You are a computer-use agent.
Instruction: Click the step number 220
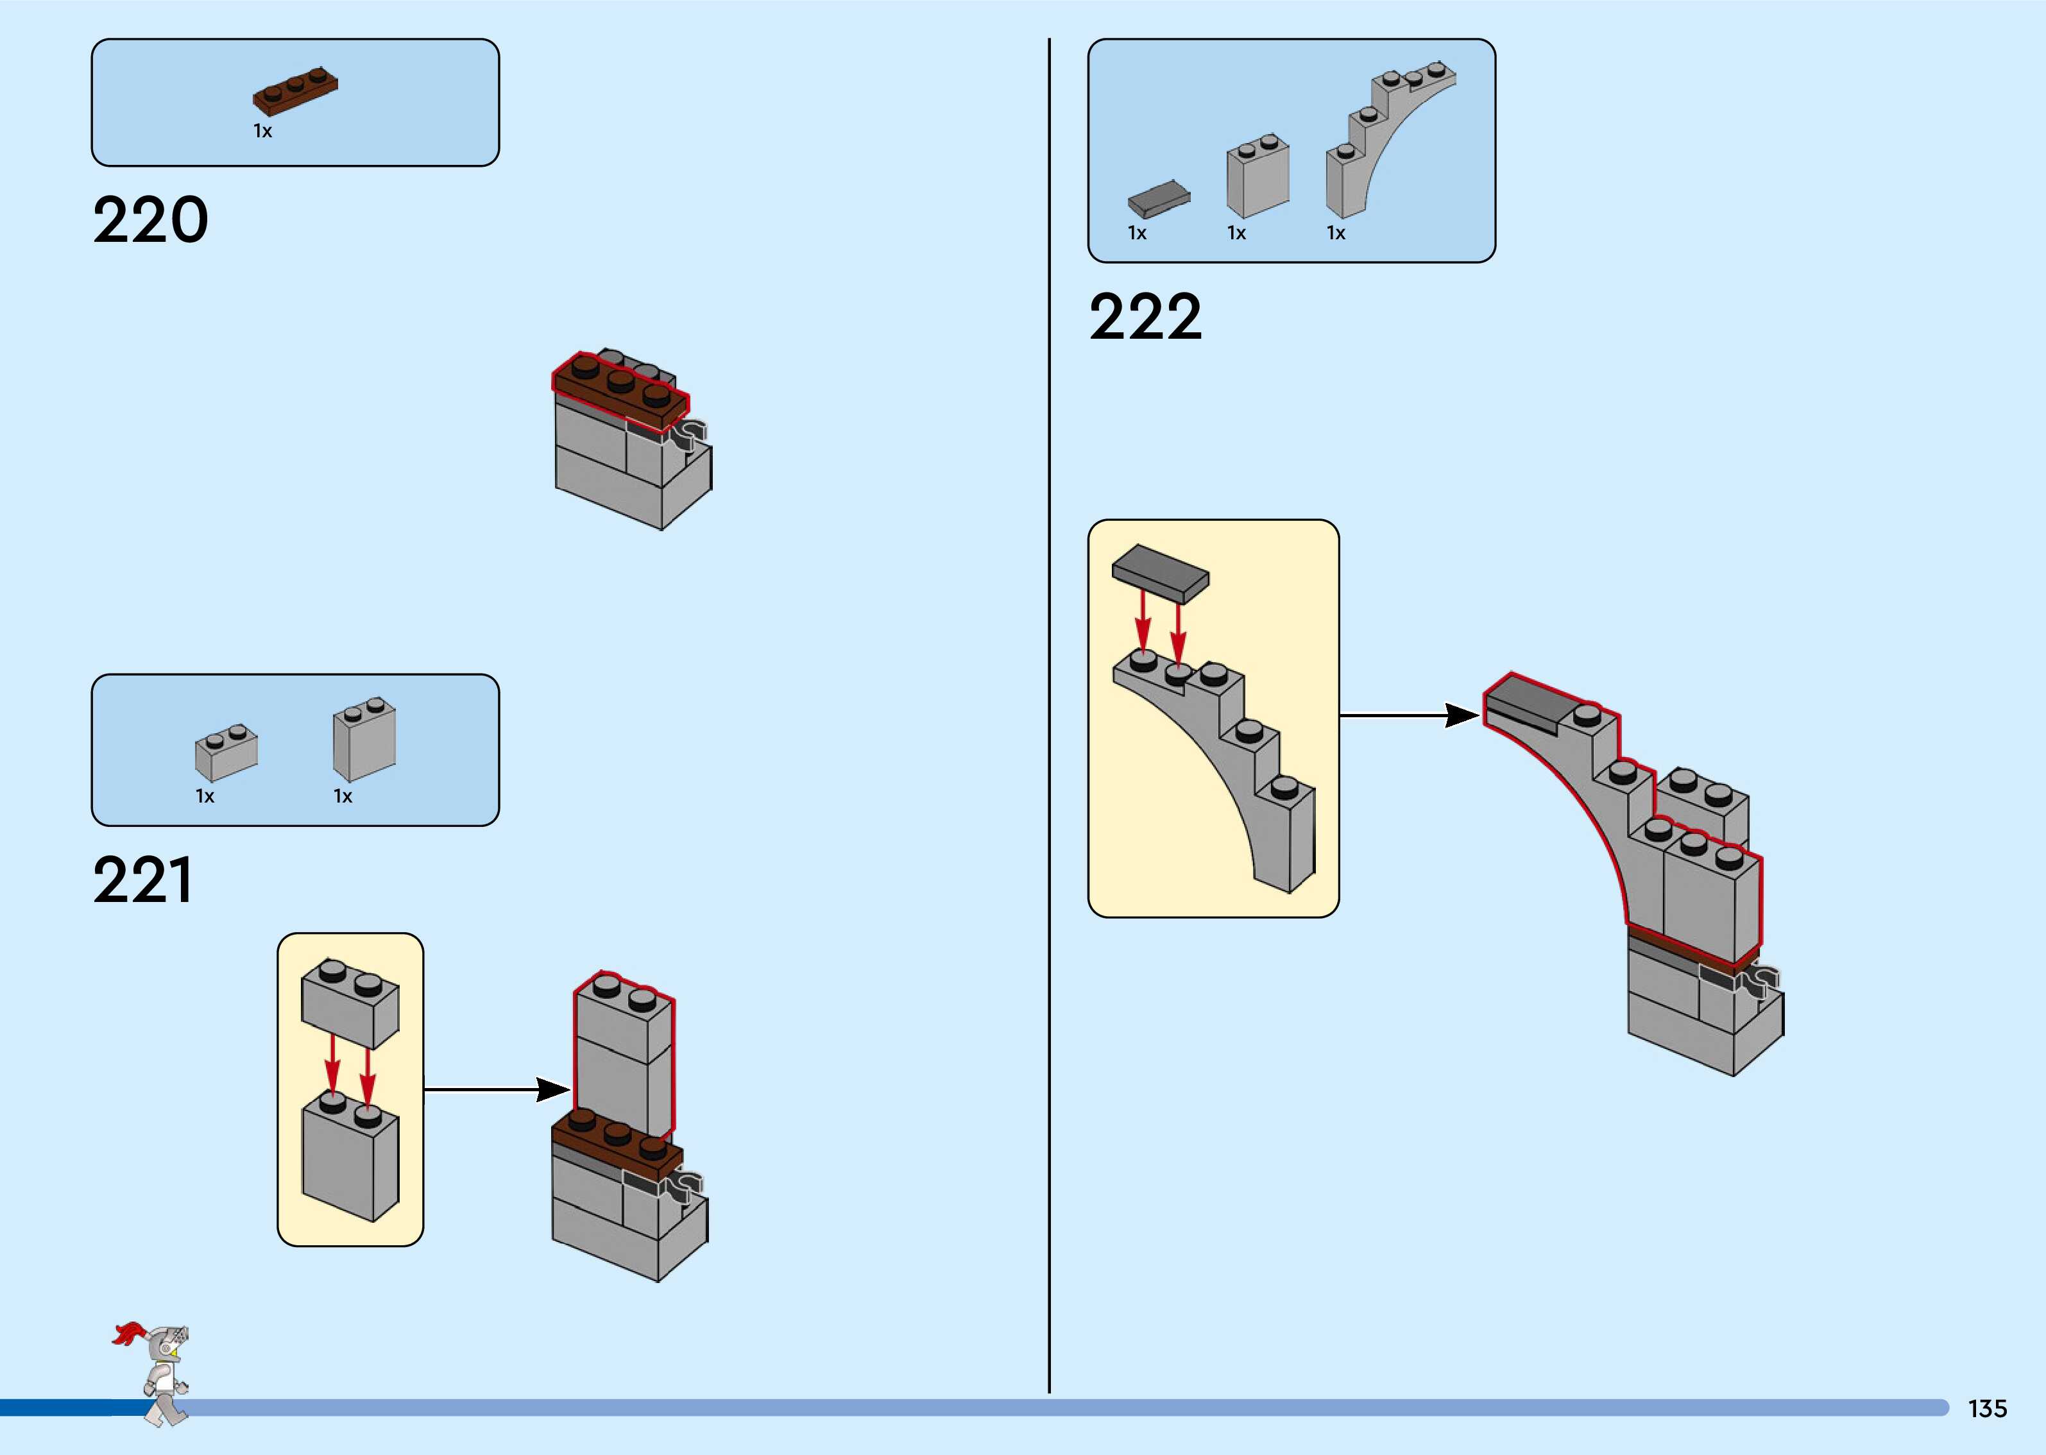[151, 221]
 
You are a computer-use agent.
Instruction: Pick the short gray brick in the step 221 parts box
[226, 753]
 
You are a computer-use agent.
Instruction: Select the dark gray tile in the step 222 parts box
[1158, 199]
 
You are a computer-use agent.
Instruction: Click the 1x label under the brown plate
[262, 132]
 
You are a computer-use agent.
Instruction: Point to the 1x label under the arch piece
[1336, 234]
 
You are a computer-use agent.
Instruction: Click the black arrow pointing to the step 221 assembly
[498, 1089]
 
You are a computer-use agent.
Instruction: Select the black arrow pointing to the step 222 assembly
[1410, 715]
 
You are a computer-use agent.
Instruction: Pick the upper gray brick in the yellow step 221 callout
[350, 1003]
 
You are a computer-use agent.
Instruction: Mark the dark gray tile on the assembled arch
[1528, 702]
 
